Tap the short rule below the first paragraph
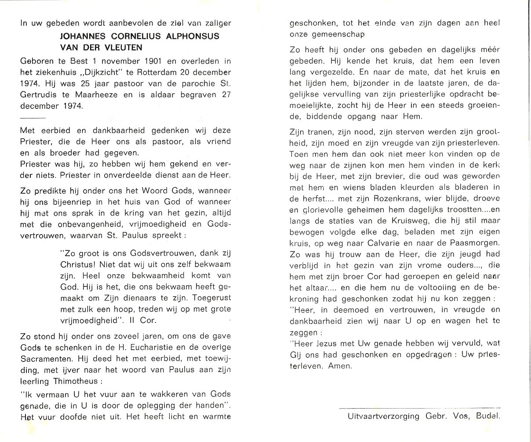pos(33,119)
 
